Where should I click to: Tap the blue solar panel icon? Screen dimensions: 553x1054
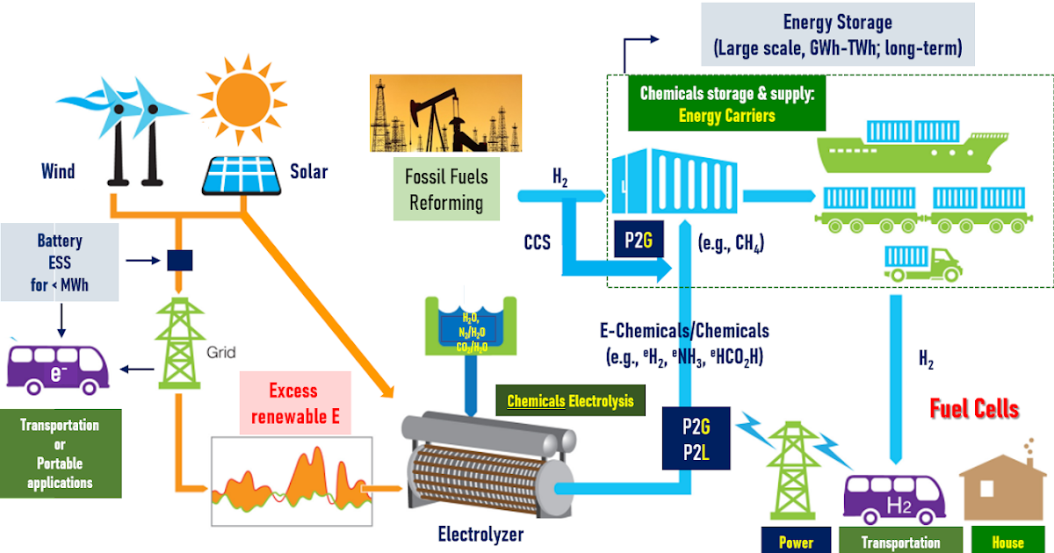point(242,175)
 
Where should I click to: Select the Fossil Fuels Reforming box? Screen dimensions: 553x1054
point(446,189)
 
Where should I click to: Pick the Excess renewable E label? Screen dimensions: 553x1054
point(293,403)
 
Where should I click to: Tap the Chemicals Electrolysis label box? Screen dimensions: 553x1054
point(570,402)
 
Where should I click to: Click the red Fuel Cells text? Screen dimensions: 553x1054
point(974,408)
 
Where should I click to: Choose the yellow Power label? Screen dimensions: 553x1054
point(796,542)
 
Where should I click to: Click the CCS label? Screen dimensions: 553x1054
point(537,241)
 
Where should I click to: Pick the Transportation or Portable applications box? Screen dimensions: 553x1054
point(60,454)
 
